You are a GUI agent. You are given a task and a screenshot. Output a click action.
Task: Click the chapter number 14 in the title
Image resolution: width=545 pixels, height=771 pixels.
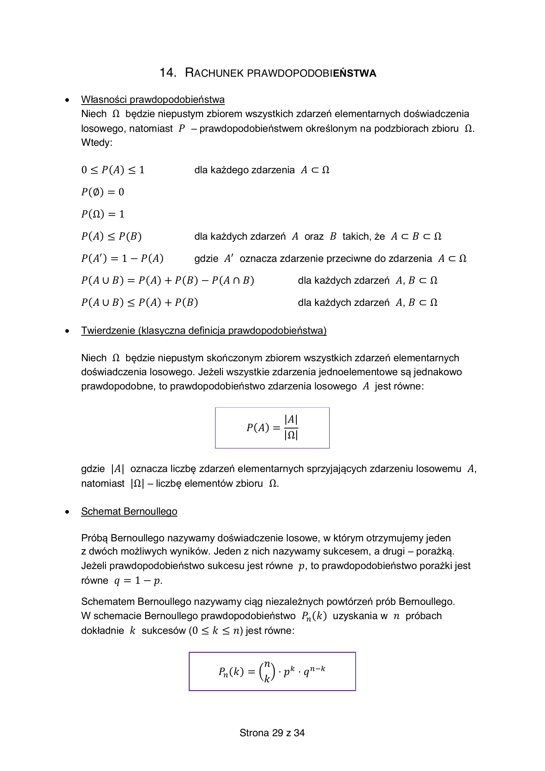[x=167, y=73]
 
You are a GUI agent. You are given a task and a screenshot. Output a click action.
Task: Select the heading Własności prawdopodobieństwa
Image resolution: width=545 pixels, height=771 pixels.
[x=153, y=99]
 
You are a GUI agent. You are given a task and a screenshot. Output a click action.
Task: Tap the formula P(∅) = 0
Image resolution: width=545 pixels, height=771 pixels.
[x=103, y=192]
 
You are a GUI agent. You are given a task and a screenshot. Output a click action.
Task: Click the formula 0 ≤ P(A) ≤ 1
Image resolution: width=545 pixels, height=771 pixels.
[x=113, y=170]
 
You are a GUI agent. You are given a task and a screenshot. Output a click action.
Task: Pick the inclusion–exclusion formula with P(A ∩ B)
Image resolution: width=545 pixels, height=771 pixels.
[x=167, y=280]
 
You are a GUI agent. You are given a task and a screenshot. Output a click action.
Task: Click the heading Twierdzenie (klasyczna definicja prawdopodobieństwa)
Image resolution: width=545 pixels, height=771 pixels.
[x=204, y=330]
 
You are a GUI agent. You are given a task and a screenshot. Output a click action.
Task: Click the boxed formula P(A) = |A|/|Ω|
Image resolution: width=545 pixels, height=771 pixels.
[x=272, y=427]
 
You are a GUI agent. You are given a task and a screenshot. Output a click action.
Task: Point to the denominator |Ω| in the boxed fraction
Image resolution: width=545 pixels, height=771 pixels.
[x=291, y=435]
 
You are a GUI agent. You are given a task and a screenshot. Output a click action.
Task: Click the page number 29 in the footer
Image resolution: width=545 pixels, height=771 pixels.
[x=278, y=733]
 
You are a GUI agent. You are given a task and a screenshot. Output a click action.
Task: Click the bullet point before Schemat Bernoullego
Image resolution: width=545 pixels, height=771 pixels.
[x=67, y=512]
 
